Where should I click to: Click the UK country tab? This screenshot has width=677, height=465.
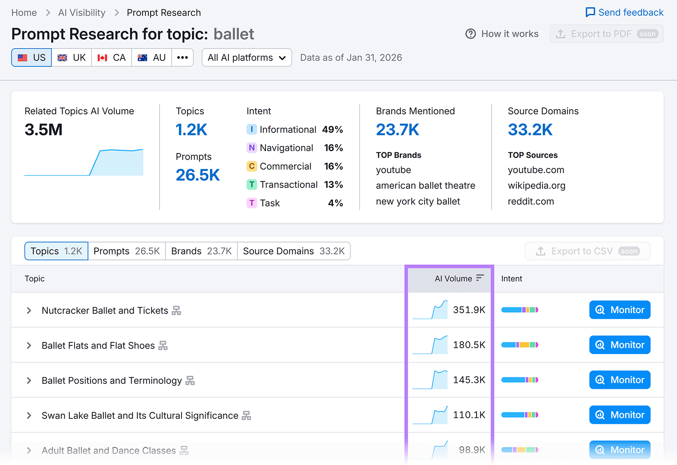72,58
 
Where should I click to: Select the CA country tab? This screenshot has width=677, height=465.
111,58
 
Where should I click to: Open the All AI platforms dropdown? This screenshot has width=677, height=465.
247,58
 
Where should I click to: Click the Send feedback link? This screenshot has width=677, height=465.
625,12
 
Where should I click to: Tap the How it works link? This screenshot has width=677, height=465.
502,34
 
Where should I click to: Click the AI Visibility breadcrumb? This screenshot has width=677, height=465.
82,13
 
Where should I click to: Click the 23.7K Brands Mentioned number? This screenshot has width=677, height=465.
397,129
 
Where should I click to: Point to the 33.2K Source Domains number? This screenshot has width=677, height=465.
530,129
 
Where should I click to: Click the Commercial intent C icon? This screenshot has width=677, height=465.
252,166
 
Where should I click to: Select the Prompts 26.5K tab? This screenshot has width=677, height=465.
127,251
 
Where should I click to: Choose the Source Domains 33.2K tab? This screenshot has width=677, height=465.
294,251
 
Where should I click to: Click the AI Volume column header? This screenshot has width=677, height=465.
454,278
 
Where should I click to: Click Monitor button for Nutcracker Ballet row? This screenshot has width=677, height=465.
619,310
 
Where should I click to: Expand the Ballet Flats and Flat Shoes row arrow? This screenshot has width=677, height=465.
29,345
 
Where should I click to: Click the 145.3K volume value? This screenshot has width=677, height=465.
469,380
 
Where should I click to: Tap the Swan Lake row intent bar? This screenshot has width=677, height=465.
520,415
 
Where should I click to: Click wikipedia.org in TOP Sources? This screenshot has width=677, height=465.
537,185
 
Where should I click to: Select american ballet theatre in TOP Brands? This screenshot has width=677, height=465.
425,185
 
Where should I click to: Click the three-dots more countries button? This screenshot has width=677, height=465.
182,58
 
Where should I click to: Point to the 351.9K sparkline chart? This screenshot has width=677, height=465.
430,310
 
